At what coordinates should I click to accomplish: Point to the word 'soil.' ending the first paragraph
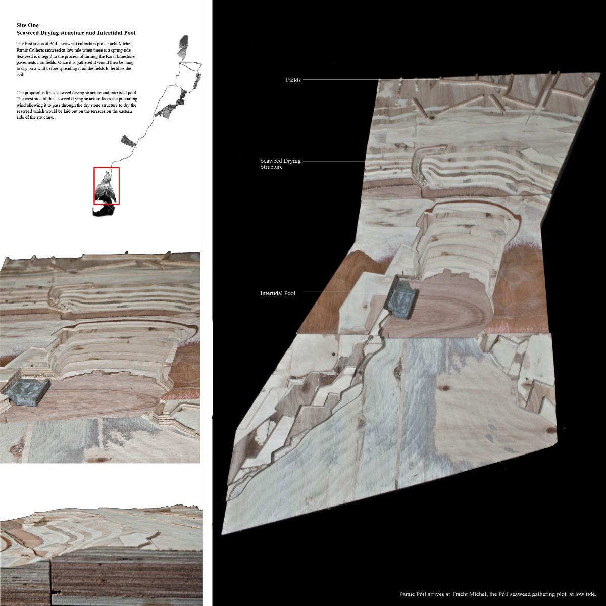pyautogui.click(x=21, y=74)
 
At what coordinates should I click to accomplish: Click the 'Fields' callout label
pyautogui.click(x=293, y=80)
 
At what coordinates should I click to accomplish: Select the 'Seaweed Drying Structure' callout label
pyautogui.click(x=280, y=164)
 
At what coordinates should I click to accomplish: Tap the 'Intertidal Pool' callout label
pyautogui.click(x=278, y=293)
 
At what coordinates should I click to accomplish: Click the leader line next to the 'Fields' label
pyautogui.click(x=341, y=80)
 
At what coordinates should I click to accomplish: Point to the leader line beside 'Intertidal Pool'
pyautogui.click(x=343, y=292)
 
